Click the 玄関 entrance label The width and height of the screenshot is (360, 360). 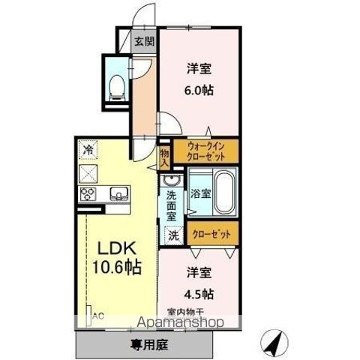(144, 42)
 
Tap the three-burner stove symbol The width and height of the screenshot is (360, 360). (88, 194)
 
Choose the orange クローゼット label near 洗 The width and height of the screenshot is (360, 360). (210, 234)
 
